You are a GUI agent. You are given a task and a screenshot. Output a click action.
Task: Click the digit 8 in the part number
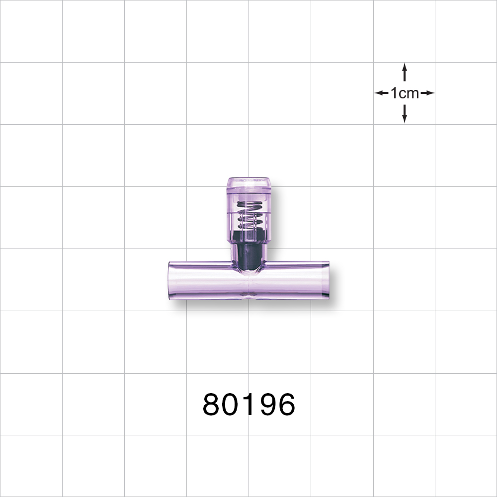212,405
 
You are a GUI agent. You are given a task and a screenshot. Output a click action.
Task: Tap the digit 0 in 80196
231,405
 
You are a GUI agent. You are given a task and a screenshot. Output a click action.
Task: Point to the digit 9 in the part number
266,405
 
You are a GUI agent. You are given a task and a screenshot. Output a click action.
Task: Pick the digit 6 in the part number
285,405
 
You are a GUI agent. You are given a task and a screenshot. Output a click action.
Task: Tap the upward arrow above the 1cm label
405,72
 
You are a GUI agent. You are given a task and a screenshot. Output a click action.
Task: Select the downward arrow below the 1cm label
405,114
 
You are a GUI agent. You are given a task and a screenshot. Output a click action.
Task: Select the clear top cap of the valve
248,186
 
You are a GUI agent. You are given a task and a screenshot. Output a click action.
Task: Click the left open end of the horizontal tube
172,281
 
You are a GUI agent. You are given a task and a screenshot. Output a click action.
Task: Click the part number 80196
248,405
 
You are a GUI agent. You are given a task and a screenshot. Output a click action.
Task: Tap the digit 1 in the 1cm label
394,93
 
